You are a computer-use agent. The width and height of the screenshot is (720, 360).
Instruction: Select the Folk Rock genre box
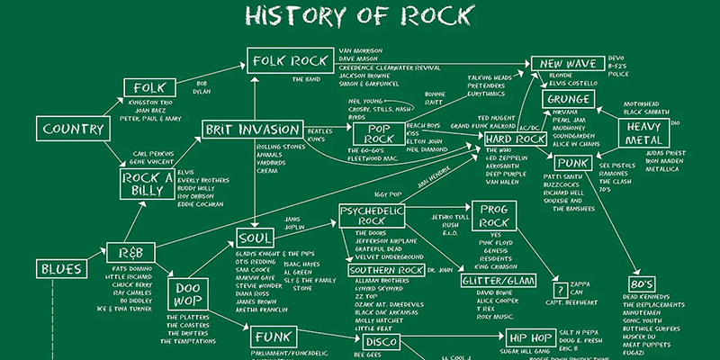click(291, 61)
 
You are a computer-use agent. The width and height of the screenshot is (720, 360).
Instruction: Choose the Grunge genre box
click(570, 98)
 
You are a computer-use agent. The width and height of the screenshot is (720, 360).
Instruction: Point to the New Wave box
click(568, 63)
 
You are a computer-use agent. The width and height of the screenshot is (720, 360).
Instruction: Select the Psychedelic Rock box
click(371, 215)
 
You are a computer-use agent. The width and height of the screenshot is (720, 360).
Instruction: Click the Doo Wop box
click(187, 292)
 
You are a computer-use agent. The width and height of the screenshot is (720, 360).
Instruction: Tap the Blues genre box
click(60, 268)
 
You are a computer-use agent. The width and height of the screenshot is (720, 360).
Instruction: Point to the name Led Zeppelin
click(507, 157)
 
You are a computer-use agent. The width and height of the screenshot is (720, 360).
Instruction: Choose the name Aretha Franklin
click(261, 309)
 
